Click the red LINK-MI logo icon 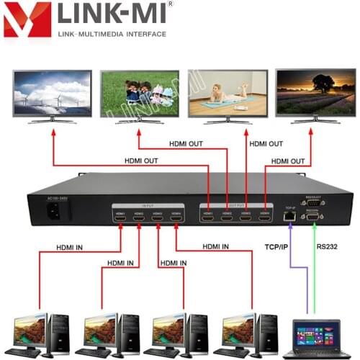[x=27, y=19]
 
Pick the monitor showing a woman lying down [x=227, y=93]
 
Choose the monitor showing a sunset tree [x=315, y=93]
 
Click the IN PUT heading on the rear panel [x=148, y=205]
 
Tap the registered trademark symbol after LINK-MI [x=170, y=4]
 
